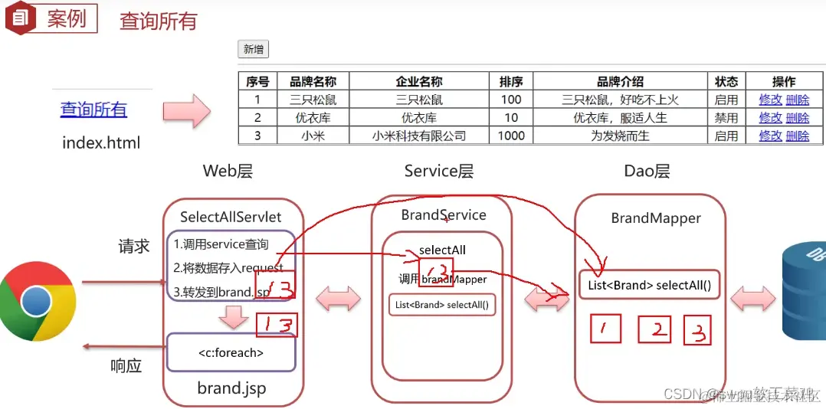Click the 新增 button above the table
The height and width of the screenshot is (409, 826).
coord(253,50)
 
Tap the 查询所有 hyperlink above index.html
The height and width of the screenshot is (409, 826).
coord(93,110)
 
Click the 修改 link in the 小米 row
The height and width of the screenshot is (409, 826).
coord(770,136)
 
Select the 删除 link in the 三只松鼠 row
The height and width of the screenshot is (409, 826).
coord(797,100)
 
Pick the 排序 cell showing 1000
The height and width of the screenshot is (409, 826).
coord(511,136)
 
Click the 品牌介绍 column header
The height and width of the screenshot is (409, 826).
coord(620,81)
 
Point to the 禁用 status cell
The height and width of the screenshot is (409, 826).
coord(726,118)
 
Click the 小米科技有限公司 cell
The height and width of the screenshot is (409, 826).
coord(418,136)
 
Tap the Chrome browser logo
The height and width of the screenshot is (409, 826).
coord(36,301)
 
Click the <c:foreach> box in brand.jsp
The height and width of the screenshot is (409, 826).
coord(231,353)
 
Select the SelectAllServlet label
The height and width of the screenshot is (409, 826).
coord(231,217)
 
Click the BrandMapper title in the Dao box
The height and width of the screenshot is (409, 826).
coord(656,218)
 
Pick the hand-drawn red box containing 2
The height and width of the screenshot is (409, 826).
coord(654,330)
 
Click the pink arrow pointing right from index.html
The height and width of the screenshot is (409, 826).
coord(186,111)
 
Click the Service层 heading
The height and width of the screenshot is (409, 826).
coord(439,171)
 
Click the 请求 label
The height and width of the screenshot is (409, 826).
coord(134,246)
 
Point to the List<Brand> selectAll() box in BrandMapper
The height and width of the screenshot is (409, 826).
coord(649,286)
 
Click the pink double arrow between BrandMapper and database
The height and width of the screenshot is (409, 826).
coord(752,298)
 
